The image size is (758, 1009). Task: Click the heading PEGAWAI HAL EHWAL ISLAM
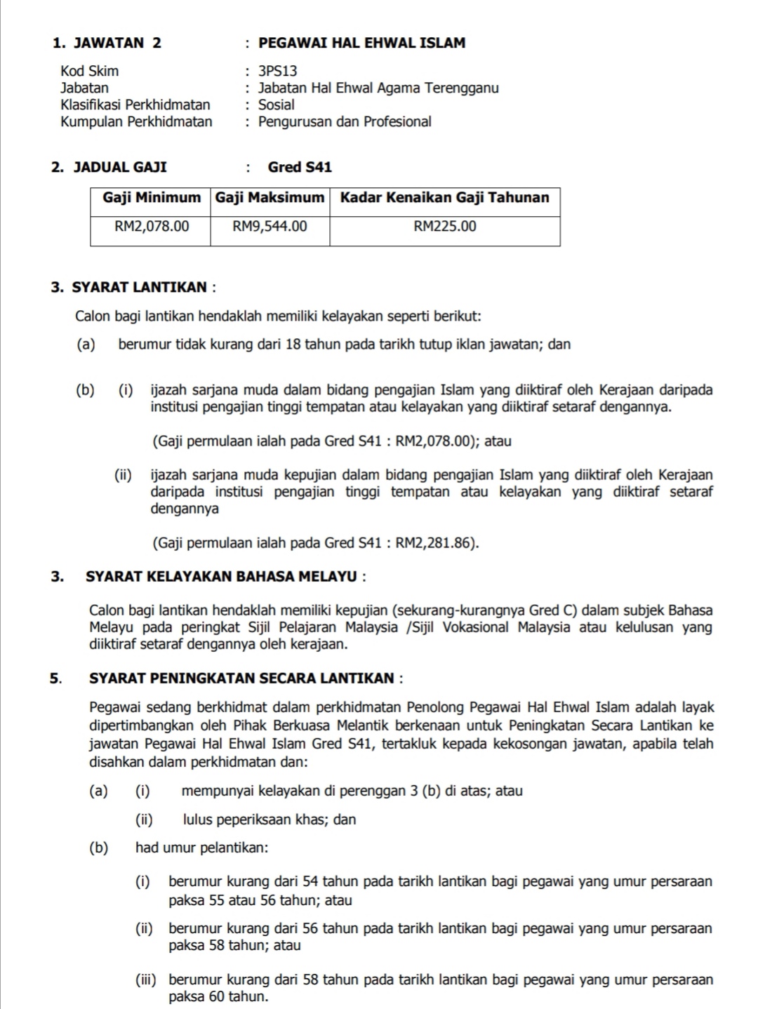click(x=361, y=43)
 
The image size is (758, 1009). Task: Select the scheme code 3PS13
click(x=278, y=71)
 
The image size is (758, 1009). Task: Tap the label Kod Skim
click(x=90, y=71)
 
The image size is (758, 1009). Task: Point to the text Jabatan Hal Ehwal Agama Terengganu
click(x=378, y=88)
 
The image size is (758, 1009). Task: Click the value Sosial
click(x=277, y=105)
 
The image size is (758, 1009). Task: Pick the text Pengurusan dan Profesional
click(x=345, y=121)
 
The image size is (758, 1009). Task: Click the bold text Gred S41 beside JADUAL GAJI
click(x=300, y=167)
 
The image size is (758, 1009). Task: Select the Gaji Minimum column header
click(x=152, y=197)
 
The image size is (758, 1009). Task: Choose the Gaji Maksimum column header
click(x=270, y=197)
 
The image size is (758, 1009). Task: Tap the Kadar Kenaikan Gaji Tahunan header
click(x=445, y=197)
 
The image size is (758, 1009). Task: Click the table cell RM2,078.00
click(x=152, y=226)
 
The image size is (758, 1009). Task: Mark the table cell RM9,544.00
click(x=270, y=226)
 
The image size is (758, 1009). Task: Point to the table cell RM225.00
click(x=445, y=226)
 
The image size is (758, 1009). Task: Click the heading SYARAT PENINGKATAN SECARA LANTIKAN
click(x=242, y=679)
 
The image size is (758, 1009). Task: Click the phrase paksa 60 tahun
click(x=218, y=996)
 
